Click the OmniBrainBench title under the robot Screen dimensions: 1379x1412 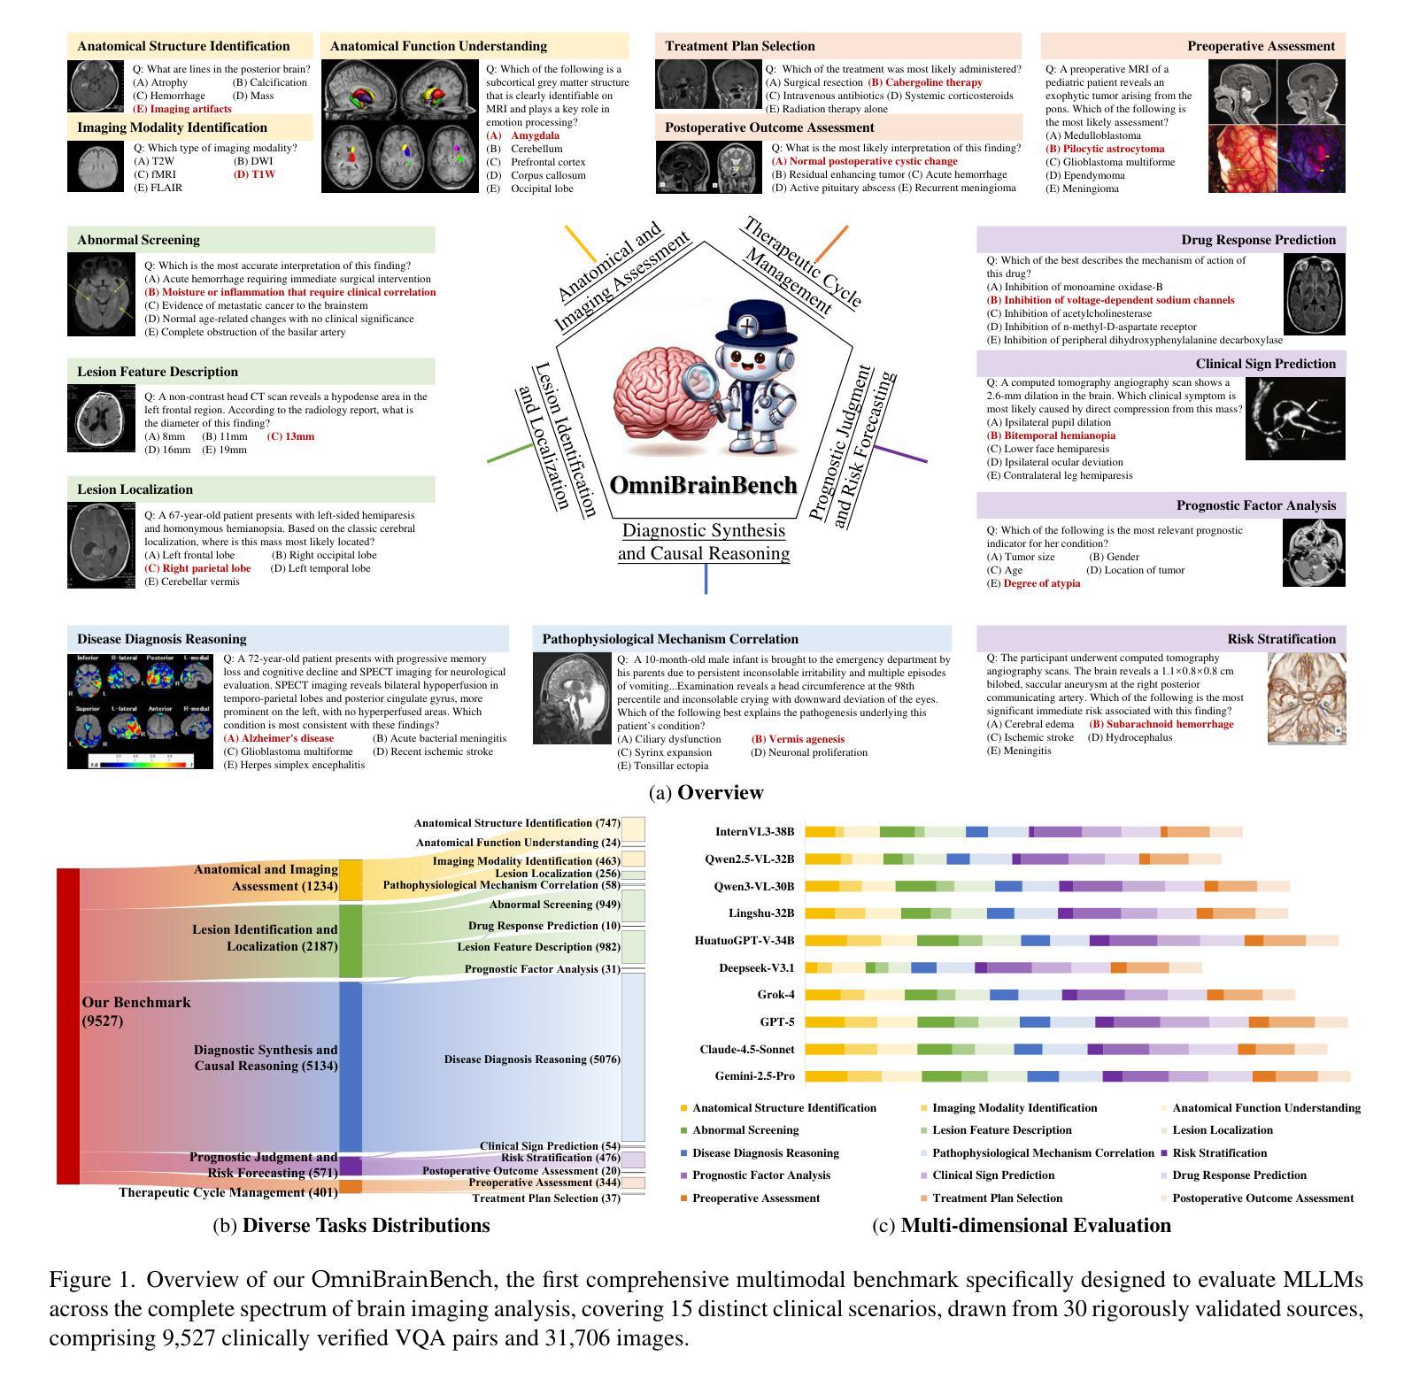pyautogui.click(x=704, y=485)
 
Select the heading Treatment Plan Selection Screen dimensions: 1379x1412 pyautogui.click(x=739, y=46)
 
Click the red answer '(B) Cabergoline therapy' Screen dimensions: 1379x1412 pyautogui.click(x=925, y=82)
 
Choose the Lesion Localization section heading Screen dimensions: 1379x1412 pyautogui.click(x=135, y=489)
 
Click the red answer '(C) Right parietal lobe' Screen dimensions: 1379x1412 pyautogui.click(x=197, y=568)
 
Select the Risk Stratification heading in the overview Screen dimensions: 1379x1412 pyautogui.click(x=1281, y=639)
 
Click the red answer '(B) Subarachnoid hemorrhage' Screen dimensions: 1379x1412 pyautogui.click(x=1161, y=724)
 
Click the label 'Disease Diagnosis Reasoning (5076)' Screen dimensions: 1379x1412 pyautogui.click(x=532, y=1059)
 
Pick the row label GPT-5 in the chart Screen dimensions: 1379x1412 pyautogui.click(x=776, y=1022)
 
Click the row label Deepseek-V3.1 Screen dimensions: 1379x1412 pyautogui.click(x=756, y=968)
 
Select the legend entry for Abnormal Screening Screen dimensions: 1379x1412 pyautogui.click(x=745, y=1130)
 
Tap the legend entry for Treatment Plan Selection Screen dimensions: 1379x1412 pyautogui.click(x=997, y=1198)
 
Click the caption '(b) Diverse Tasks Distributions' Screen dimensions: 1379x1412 pyautogui.click(x=351, y=1226)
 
